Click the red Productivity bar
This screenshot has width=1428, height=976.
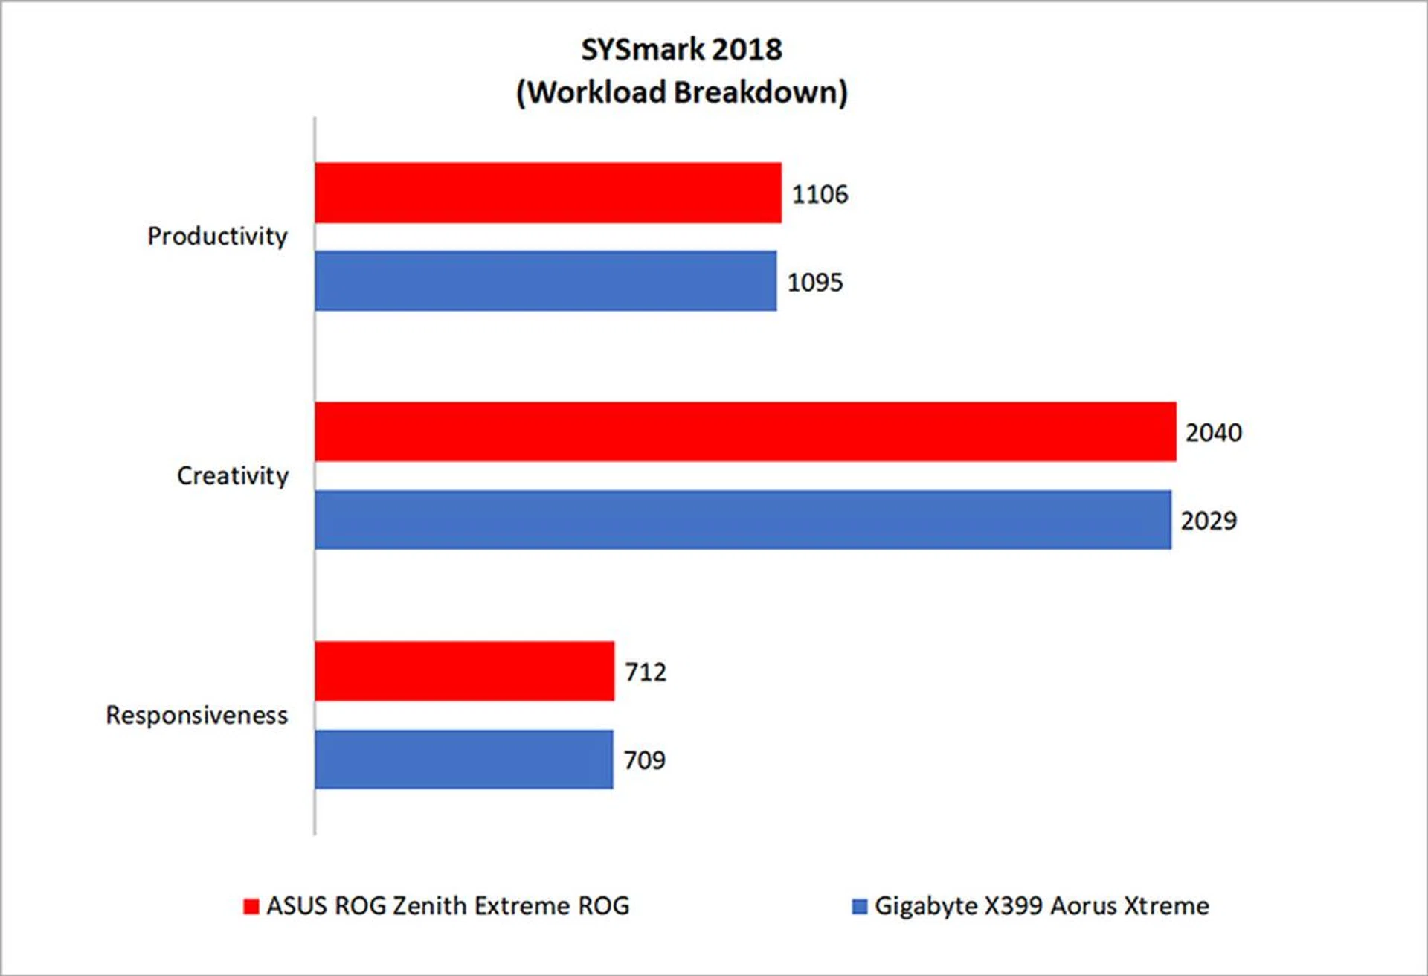click(x=547, y=193)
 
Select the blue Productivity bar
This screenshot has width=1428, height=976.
click(x=545, y=280)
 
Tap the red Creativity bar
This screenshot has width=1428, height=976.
click(x=745, y=431)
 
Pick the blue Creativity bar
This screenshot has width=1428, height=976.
click(x=742, y=520)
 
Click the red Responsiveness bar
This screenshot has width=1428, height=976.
click(x=464, y=671)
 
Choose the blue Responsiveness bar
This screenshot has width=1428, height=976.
click(x=463, y=759)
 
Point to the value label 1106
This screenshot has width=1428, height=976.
click(x=820, y=194)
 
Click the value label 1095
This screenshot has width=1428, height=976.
click(x=815, y=283)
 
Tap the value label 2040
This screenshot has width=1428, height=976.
click(x=1214, y=432)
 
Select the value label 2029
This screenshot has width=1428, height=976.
click(x=1209, y=521)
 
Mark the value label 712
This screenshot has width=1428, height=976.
click(x=646, y=672)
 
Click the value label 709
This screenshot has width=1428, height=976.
click(x=644, y=760)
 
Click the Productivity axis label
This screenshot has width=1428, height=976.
click(x=217, y=237)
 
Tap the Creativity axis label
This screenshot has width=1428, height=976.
click(x=233, y=475)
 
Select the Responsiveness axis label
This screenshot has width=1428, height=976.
click(x=197, y=715)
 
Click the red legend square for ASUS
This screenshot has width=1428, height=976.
click(x=251, y=906)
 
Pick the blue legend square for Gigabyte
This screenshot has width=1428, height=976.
click(x=859, y=906)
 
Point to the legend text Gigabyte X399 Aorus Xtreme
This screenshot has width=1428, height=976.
click(x=1041, y=906)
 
